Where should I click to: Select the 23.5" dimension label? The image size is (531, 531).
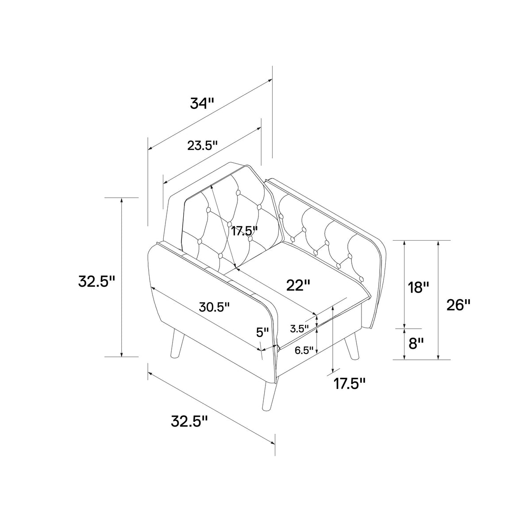point(203,145)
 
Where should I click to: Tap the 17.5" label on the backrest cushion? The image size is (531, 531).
point(244,231)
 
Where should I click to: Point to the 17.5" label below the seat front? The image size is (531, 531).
point(350,383)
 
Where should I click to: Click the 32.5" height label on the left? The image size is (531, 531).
point(96,281)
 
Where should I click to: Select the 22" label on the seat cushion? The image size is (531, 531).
point(298,285)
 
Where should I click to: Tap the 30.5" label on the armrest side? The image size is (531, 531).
point(214,307)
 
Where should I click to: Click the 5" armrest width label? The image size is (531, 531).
point(262,333)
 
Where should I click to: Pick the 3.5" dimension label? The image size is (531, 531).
point(300,328)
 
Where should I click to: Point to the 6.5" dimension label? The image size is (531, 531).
point(304,350)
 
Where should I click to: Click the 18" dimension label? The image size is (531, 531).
point(418,288)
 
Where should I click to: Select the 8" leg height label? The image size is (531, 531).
point(416,344)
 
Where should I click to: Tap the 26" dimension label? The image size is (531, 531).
point(458,305)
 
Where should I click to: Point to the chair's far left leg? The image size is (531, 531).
point(177,343)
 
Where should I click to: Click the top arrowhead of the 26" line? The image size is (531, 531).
point(438,243)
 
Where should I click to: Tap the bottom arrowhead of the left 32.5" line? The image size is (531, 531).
point(121,354)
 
